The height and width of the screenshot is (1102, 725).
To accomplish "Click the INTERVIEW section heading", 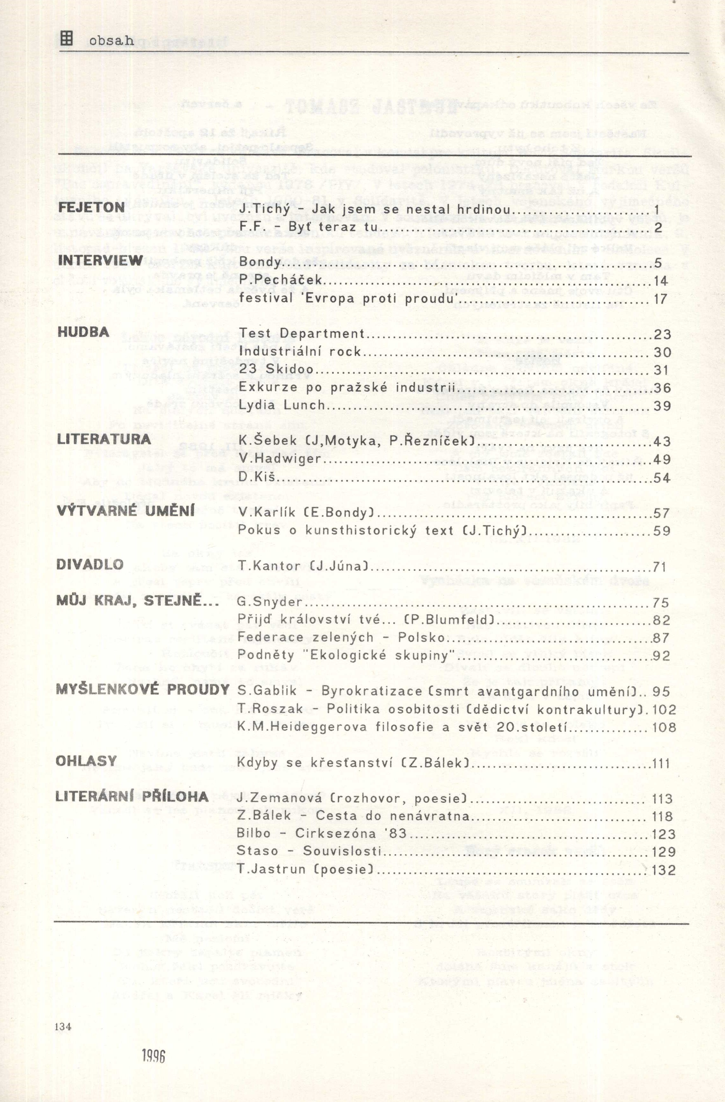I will point(100,261).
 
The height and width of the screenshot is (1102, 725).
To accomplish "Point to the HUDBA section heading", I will point(83,332).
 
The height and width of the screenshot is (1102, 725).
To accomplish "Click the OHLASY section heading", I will point(86,761).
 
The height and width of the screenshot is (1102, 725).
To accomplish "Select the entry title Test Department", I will point(302,333).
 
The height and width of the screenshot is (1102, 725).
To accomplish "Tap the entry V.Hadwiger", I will point(280,459).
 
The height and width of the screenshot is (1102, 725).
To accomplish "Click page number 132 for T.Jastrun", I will point(663,870).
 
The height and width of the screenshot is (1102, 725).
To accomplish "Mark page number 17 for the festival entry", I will point(660,299).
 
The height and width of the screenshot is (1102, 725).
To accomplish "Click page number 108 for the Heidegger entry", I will point(664,727).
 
